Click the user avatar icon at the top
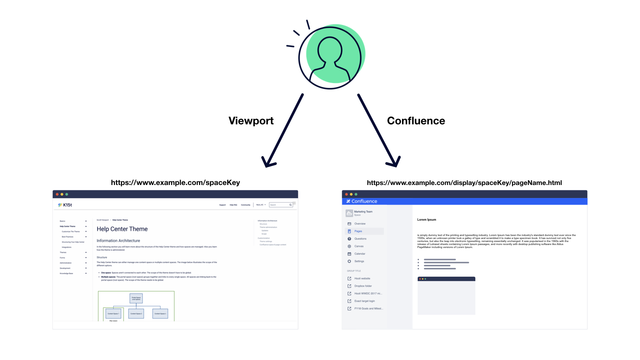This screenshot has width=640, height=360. (x=330, y=57)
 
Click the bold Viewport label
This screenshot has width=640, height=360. (x=251, y=121)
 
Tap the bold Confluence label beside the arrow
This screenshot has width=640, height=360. (x=416, y=121)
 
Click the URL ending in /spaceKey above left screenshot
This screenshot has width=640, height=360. (x=175, y=183)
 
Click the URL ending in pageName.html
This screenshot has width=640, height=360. (x=464, y=183)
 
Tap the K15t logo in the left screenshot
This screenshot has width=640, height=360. (x=65, y=205)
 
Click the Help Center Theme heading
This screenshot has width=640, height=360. (x=122, y=229)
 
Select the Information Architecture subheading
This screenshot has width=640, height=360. (x=118, y=241)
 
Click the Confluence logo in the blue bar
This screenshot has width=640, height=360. (x=362, y=201)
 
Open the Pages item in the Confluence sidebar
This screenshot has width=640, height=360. (x=358, y=231)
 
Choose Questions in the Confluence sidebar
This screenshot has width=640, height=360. (x=360, y=239)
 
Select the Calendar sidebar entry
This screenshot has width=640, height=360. (x=360, y=254)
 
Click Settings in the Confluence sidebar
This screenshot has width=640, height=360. (x=359, y=261)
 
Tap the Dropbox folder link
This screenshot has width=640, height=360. (x=363, y=286)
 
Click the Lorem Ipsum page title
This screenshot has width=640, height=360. (x=427, y=220)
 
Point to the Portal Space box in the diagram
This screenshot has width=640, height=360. (x=136, y=298)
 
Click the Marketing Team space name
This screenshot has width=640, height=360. (x=363, y=212)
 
